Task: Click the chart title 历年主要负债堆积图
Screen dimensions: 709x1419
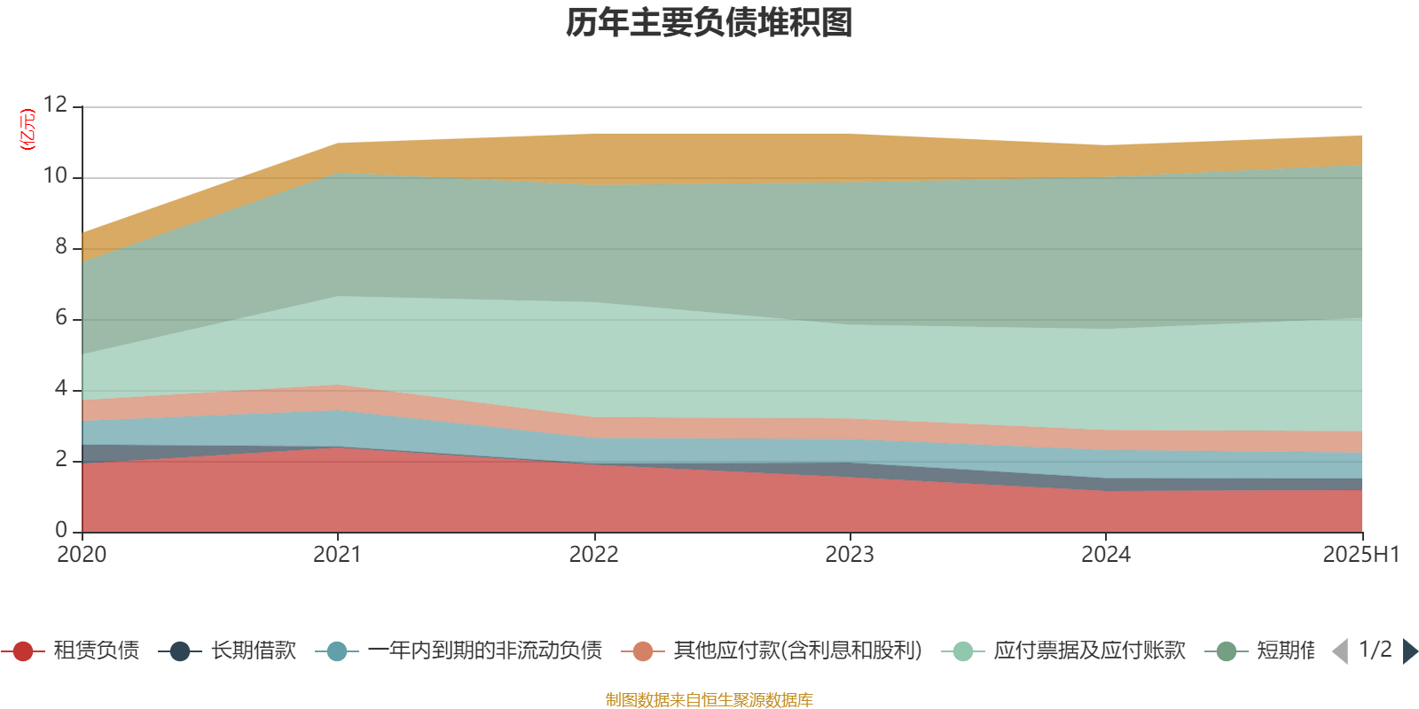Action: tap(709, 24)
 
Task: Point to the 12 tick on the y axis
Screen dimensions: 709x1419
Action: tap(55, 105)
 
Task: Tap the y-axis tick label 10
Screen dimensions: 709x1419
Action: tap(55, 176)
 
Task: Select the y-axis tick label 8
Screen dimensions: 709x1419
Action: tap(60, 247)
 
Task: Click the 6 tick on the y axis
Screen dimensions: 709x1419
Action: tap(60, 318)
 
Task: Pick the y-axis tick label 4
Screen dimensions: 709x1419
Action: tap(60, 389)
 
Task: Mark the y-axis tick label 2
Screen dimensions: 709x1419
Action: tap(60, 460)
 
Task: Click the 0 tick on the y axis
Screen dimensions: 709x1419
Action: tap(60, 530)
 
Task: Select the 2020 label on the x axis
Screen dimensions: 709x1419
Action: tap(82, 555)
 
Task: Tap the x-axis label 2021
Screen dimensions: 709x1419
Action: tap(337, 555)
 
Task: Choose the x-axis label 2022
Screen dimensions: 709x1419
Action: tap(593, 555)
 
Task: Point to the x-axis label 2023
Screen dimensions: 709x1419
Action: tap(850, 555)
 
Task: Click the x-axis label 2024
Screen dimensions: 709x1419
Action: tap(1105, 555)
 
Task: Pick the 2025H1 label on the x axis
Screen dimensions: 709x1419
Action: tap(1360, 555)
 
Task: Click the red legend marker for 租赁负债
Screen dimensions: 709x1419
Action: tap(24, 651)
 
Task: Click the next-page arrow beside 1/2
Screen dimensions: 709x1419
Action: tap(1409, 651)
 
